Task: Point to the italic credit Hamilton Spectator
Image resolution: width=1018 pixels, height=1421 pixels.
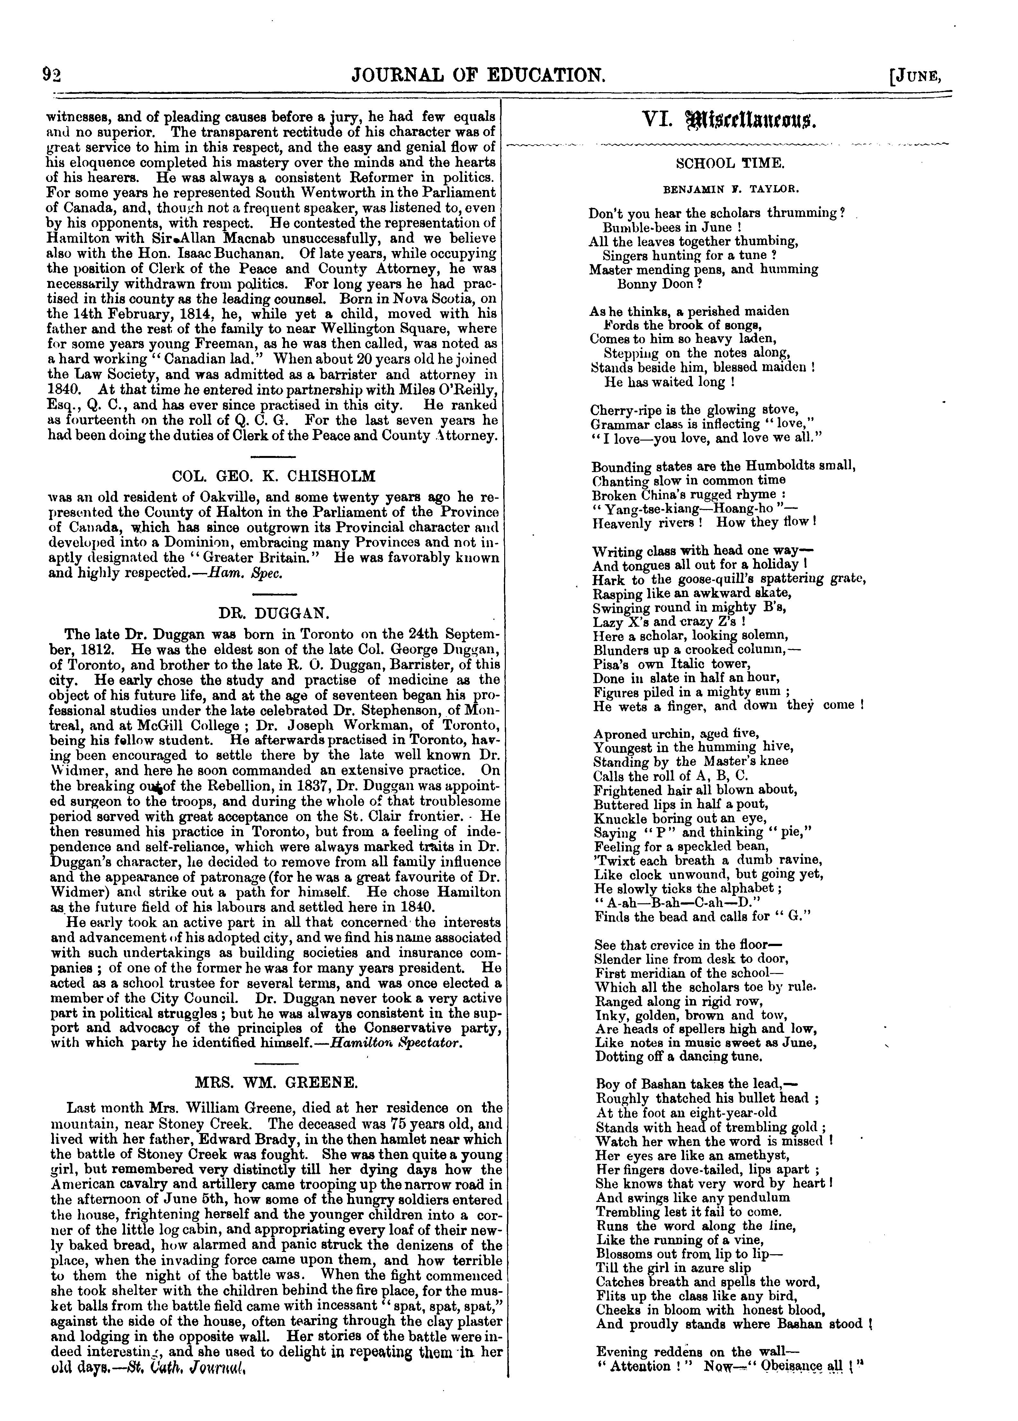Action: (396, 1042)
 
